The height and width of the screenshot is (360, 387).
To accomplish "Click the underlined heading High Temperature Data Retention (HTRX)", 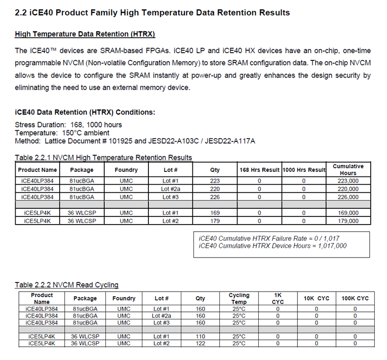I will (x=85, y=34).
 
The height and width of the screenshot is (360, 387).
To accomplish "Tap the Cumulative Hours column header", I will (x=348, y=169).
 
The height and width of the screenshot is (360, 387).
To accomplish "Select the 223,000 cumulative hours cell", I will (x=348, y=181).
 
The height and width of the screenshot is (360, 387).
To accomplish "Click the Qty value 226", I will (x=215, y=197).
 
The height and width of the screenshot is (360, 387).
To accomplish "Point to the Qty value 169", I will (x=215, y=213).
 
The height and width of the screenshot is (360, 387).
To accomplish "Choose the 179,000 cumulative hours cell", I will (x=348, y=221).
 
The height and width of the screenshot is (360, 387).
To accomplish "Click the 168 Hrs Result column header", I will (x=259, y=169).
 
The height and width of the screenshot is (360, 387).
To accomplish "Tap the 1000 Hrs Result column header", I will (x=303, y=169).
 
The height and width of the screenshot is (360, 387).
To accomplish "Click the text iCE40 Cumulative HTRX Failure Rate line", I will (x=261, y=238).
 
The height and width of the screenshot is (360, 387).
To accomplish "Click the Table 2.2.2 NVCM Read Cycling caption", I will (x=66, y=285).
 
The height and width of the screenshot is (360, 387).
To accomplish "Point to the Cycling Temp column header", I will (x=239, y=298).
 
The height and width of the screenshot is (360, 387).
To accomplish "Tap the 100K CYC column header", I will (x=355, y=298).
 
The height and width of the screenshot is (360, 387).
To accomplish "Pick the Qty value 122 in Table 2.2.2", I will (x=201, y=343).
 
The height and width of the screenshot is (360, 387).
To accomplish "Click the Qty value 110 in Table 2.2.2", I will (x=201, y=336).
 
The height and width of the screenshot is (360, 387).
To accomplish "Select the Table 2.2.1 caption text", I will (x=103, y=158).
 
